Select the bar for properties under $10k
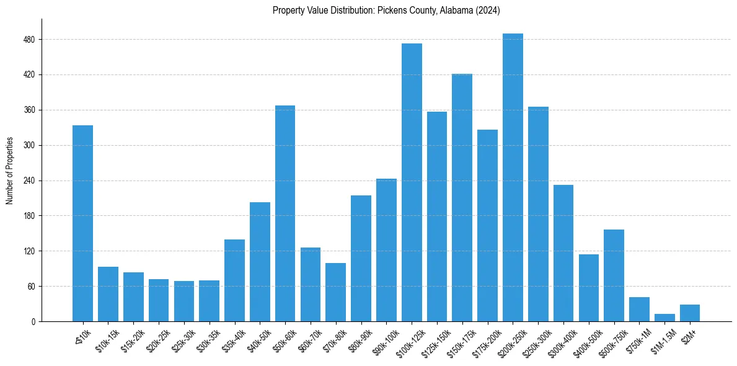(x=82, y=223)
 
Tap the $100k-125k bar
(x=412, y=182)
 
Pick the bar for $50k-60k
(x=285, y=213)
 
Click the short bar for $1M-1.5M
(x=664, y=318)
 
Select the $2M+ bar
(x=690, y=313)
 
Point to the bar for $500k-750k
(x=614, y=275)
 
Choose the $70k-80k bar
(x=335, y=292)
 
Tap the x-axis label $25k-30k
(x=183, y=339)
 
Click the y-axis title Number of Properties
(x=9, y=171)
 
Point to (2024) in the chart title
(x=488, y=11)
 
